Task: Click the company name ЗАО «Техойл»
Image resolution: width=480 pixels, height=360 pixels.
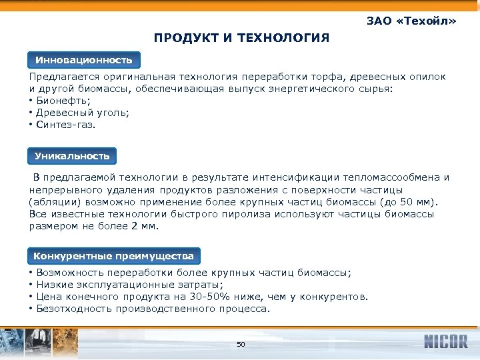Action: [x=411, y=21]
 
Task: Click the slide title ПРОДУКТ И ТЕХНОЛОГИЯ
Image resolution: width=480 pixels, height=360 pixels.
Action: [x=241, y=38]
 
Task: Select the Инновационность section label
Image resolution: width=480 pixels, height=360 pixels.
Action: [x=84, y=60]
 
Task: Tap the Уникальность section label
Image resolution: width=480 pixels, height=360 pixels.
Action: [x=72, y=156]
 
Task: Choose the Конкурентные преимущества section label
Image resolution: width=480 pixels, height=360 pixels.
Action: [x=114, y=256]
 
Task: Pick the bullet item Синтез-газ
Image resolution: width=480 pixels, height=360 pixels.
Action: [x=66, y=125]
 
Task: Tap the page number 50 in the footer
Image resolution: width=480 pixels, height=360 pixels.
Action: [x=241, y=344]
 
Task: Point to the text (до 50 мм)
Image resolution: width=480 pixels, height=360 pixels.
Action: [x=408, y=202]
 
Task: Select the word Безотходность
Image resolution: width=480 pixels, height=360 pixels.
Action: [x=75, y=309]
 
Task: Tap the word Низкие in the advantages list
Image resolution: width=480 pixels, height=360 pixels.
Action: [x=55, y=285]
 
